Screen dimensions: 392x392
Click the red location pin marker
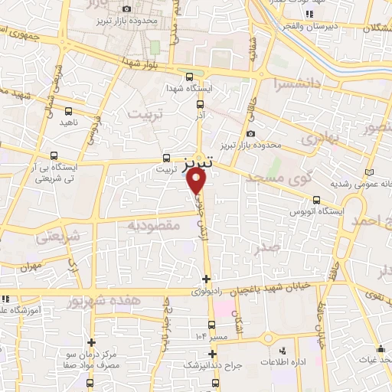(x=197, y=180)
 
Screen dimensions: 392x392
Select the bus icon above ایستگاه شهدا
(x=189, y=76)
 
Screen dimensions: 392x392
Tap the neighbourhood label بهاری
(x=298, y=139)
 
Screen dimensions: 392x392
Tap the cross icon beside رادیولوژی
(x=206, y=278)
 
